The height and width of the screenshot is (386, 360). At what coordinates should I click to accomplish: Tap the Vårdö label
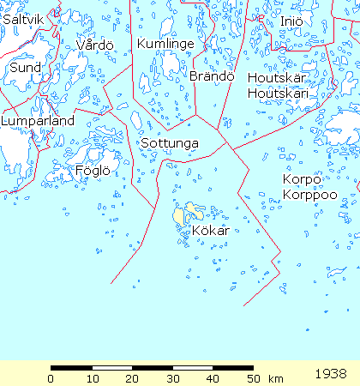(94, 45)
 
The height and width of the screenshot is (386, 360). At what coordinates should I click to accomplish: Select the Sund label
(25, 66)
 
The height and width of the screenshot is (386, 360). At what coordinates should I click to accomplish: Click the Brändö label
(212, 76)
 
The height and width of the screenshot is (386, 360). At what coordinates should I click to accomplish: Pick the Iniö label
(291, 21)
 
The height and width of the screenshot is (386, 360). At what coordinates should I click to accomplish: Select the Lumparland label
(38, 121)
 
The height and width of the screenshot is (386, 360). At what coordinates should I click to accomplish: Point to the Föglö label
(93, 170)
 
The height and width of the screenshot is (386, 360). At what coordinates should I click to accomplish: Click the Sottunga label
(170, 142)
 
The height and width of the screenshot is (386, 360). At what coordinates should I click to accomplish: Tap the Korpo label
(302, 179)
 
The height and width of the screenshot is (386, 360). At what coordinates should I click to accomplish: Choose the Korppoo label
(307, 195)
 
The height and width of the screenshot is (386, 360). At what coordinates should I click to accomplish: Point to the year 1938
(331, 374)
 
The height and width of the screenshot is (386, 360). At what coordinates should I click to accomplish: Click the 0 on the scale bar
(51, 377)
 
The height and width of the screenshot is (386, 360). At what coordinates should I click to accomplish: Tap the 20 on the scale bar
(131, 377)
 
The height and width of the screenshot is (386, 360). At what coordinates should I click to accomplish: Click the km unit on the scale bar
(275, 377)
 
